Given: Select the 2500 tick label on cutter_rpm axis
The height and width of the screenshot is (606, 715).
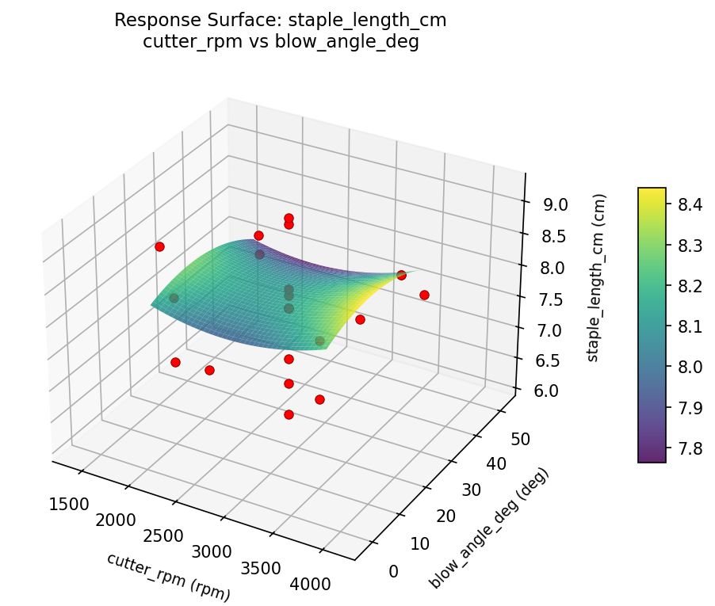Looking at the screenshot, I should (x=164, y=535).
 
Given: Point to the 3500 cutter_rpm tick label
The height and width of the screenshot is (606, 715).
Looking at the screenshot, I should (x=260, y=568).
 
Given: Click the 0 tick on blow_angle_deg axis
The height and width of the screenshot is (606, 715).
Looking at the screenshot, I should (x=394, y=570).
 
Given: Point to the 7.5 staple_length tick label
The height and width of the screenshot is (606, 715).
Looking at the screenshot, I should (x=551, y=299).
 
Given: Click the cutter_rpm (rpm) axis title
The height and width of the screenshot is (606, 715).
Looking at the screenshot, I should (x=168, y=576).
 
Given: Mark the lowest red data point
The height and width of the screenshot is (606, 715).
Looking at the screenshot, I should (x=289, y=414).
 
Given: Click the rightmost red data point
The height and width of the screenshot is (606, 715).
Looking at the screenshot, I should (x=424, y=295).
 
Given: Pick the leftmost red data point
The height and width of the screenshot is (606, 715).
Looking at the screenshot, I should (x=159, y=246).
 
